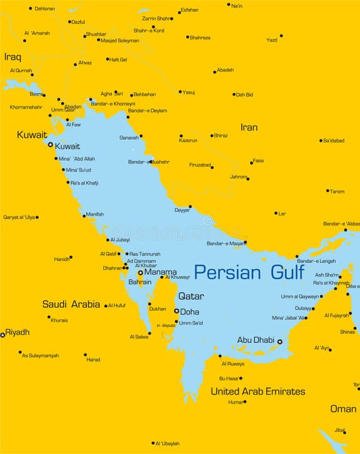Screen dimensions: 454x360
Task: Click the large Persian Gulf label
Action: coord(249,272)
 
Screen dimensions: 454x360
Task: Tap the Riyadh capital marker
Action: coord(2,335)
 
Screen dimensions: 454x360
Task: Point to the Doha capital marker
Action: coord(176,311)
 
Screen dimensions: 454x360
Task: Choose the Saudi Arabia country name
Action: coord(71,305)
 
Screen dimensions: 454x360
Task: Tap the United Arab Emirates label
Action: coord(257,392)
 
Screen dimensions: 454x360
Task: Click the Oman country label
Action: coord(343,409)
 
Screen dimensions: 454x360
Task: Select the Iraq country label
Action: coord(12,57)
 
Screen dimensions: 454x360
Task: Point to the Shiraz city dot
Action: coord(212,136)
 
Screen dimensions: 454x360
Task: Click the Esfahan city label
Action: coord(189,11)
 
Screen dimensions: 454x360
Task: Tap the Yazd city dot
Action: coord(281,36)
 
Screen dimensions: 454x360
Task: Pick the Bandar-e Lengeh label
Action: coord(316,260)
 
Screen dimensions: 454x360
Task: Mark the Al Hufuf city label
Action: coord(117,305)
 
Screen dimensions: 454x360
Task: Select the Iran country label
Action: coord(249,127)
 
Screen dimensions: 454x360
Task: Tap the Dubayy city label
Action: coord(304,308)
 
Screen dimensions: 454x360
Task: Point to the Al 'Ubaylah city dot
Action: coord(152,443)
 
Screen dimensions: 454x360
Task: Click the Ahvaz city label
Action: coord(85,63)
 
